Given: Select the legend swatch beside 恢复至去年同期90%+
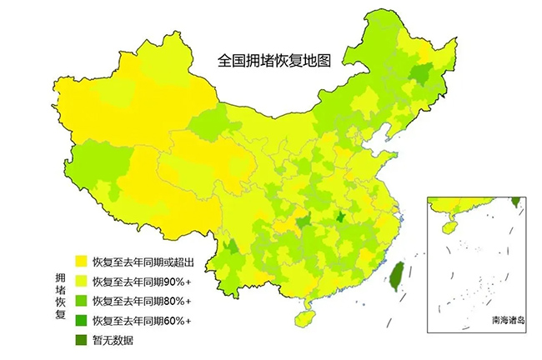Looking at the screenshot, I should click(x=81, y=281).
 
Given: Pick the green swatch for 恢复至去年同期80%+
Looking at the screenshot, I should click(x=81, y=301).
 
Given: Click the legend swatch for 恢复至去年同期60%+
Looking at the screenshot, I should click(x=81, y=321).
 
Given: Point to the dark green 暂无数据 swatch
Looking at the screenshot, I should click(x=81, y=340).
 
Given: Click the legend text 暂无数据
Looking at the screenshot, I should click(x=113, y=341).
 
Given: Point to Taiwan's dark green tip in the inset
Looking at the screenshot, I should click(x=514, y=202).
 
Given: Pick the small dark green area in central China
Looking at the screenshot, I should click(x=340, y=217).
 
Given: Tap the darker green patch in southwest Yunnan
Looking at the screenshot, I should click(x=232, y=247).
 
